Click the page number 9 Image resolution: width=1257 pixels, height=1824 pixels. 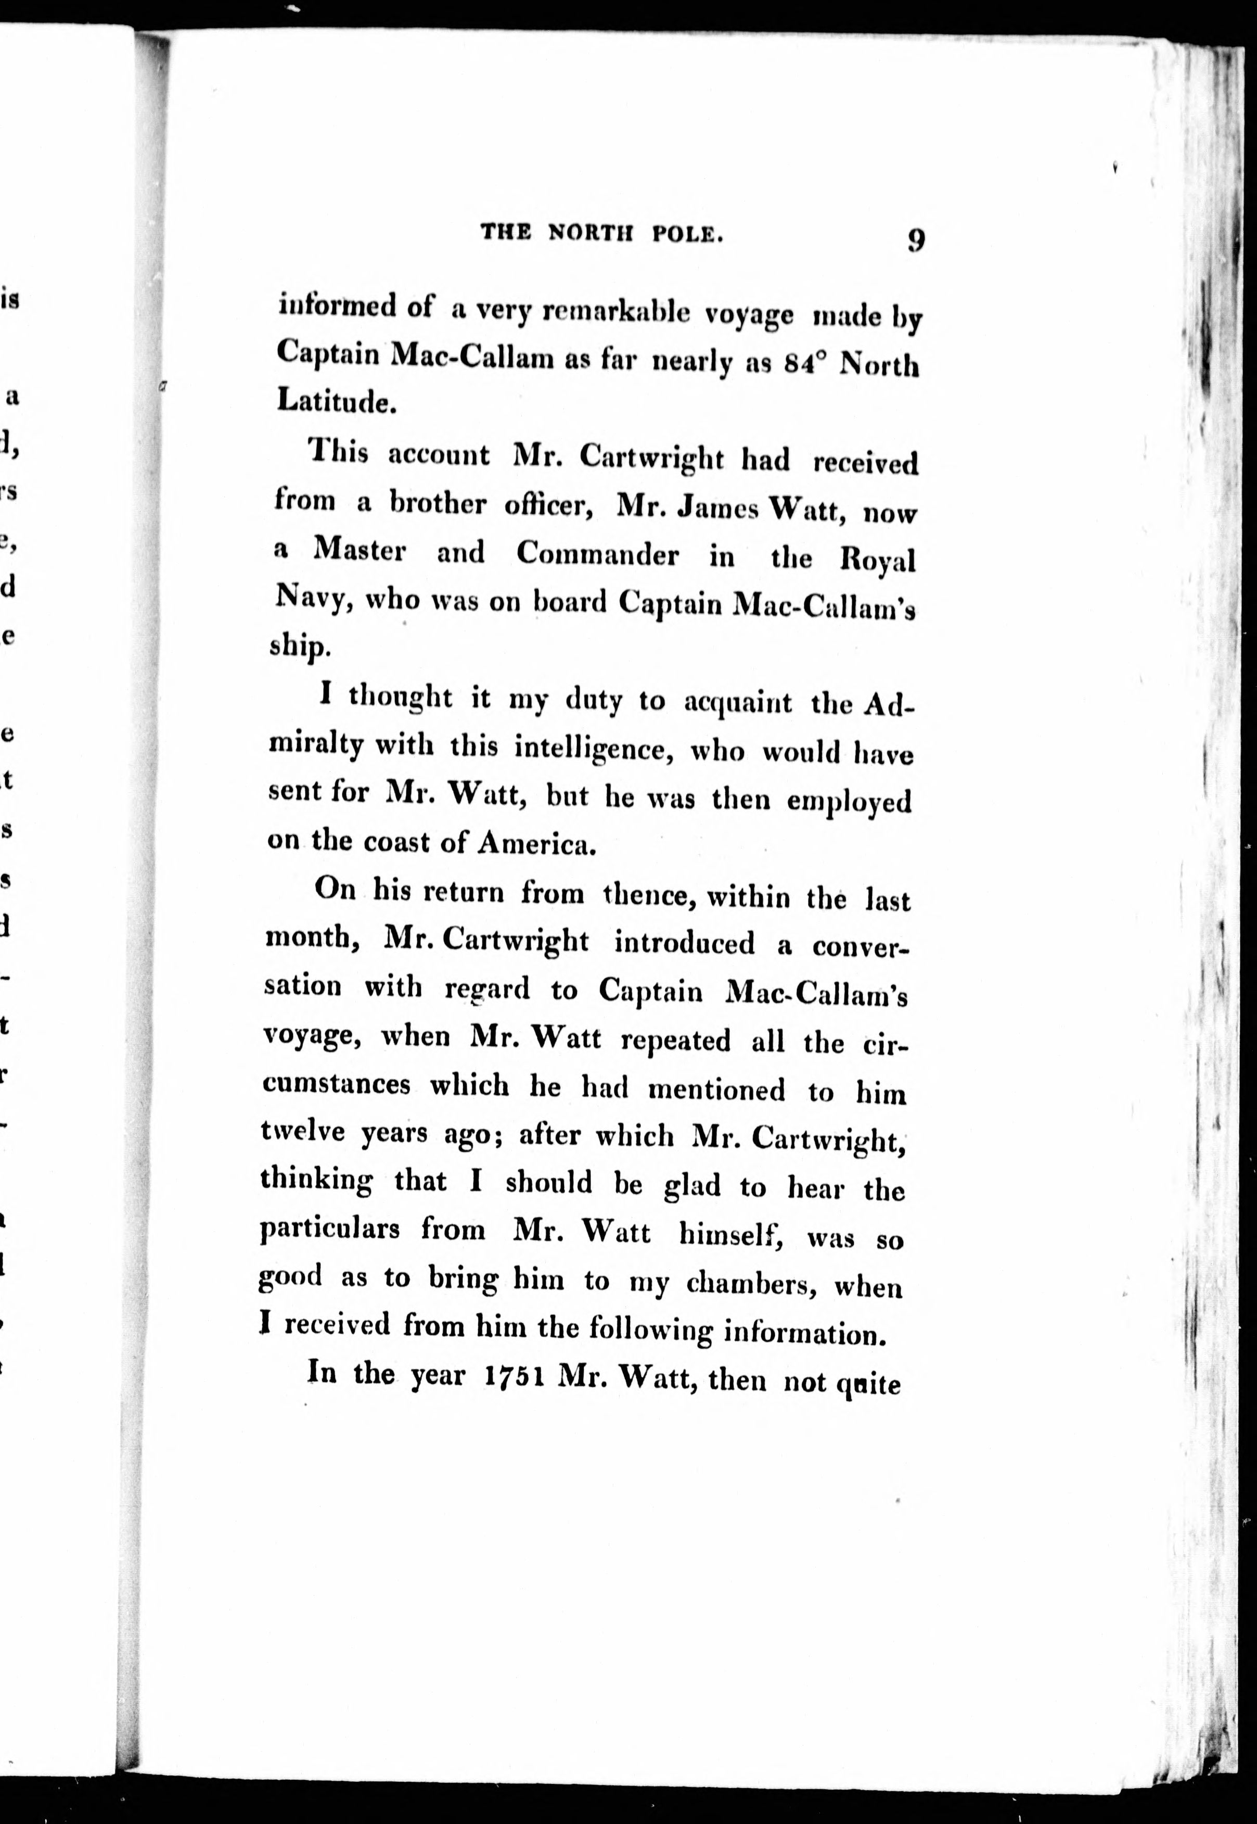pos(915,239)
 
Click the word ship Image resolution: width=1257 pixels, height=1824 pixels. pos(296,645)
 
